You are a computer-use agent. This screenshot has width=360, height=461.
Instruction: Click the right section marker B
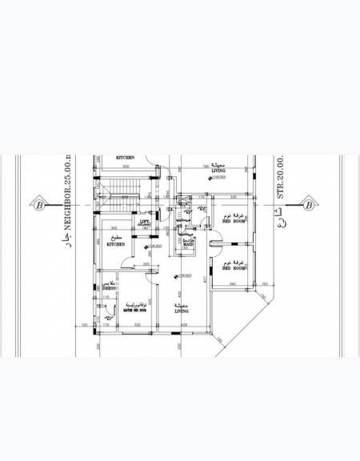point(309,203)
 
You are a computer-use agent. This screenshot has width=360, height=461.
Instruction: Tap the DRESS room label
point(110,287)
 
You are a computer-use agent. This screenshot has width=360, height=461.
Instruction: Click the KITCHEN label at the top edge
point(124,158)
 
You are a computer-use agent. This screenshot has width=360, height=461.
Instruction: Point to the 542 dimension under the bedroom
point(233,284)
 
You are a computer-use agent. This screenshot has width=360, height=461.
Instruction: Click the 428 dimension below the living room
point(185,325)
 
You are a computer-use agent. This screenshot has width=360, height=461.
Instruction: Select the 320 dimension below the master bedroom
point(136,325)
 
